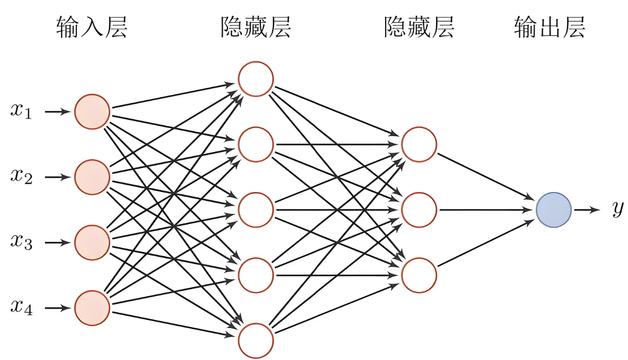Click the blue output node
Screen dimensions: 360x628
(x=554, y=209)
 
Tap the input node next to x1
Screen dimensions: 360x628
(x=92, y=112)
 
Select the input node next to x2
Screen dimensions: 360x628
(x=92, y=177)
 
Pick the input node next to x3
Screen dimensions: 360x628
(x=92, y=243)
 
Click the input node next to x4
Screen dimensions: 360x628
(x=92, y=308)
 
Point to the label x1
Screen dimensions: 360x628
(x=21, y=112)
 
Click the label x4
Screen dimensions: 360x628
(x=21, y=308)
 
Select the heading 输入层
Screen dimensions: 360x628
(x=92, y=27)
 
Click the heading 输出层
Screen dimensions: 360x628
(x=549, y=27)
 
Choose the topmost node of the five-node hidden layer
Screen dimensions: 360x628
(x=256, y=79)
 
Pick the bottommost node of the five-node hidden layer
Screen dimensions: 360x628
(x=256, y=341)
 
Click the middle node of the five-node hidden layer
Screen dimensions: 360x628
(x=256, y=209)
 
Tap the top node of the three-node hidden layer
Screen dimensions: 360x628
(x=419, y=145)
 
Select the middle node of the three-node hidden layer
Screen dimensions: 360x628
(x=419, y=209)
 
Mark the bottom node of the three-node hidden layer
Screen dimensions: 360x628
(x=419, y=275)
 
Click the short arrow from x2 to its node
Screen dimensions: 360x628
(x=57, y=177)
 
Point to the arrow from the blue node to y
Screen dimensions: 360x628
(x=587, y=209)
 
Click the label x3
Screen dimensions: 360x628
(x=21, y=243)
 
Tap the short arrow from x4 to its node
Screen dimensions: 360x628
(x=57, y=308)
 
